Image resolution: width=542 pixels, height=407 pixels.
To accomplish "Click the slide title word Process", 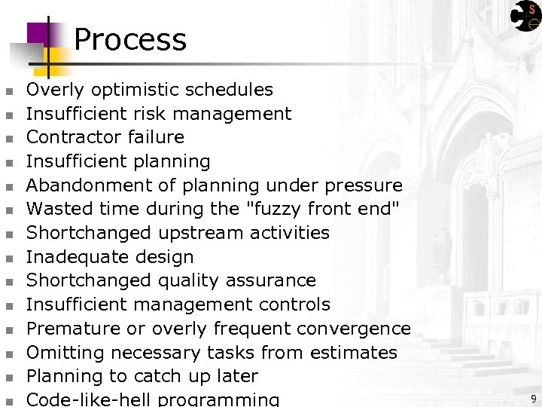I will coord(130,39).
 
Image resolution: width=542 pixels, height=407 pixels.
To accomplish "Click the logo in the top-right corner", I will coord(525,15).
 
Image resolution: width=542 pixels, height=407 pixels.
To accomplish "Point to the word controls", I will coord(294,304).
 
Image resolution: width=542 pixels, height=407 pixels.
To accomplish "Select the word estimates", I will coord(354,353).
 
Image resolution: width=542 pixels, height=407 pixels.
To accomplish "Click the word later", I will coord(236,376).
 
